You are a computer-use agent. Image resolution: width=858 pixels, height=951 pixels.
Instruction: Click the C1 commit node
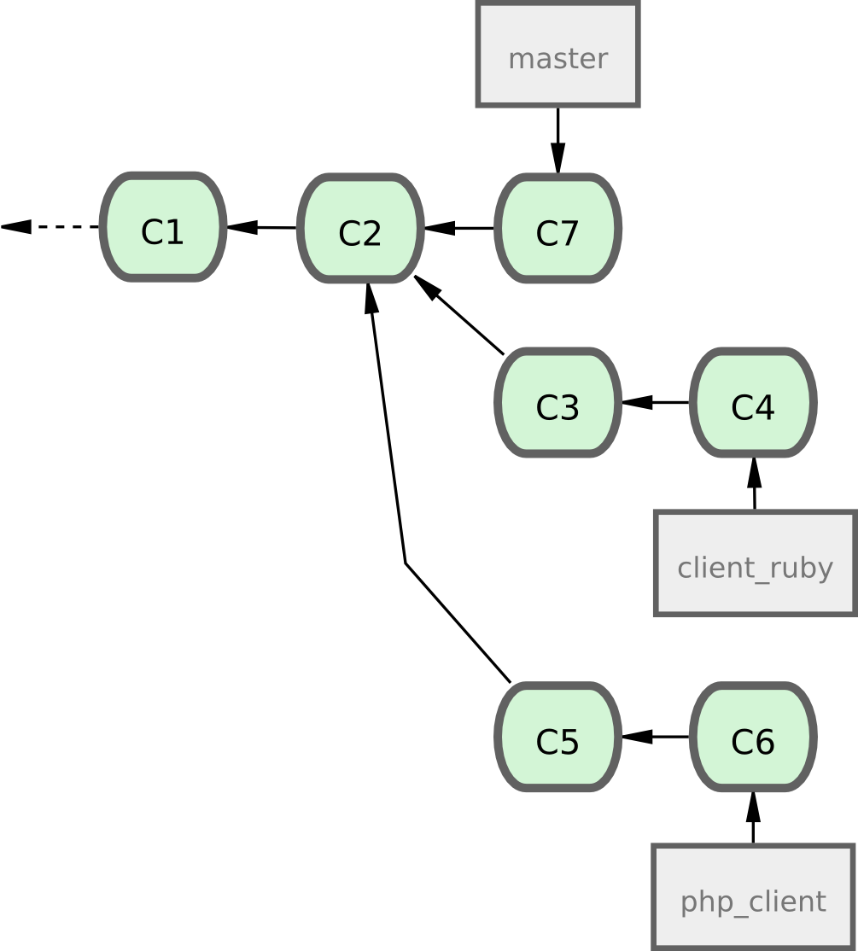click(x=162, y=228)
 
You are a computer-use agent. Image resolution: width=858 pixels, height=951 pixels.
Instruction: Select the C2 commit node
click(x=360, y=229)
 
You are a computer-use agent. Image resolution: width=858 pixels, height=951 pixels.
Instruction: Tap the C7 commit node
click(x=557, y=229)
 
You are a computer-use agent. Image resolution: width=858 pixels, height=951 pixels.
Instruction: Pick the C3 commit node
click(x=557, y=403)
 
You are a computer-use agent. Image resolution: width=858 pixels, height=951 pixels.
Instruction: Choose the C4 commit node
click(x=753, y=403)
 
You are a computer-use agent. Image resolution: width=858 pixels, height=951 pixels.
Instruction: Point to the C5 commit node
click(x=557, y=738)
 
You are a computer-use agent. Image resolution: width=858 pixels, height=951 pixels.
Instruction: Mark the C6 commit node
click(x=753, y=738)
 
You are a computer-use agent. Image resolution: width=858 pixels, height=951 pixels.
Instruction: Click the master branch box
click(x=557, y=55)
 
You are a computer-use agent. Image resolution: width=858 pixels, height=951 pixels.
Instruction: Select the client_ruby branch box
click(x=755, y=563)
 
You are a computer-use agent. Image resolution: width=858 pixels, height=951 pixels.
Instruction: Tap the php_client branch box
click(x=753, y=897)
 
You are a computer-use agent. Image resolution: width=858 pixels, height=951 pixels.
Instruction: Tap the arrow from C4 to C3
click(x=656, y=402)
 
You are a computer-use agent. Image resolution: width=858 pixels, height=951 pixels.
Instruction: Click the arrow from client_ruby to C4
click(x=754, y=484)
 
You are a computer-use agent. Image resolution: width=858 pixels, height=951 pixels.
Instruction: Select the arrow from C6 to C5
click(x=656, y=737)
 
